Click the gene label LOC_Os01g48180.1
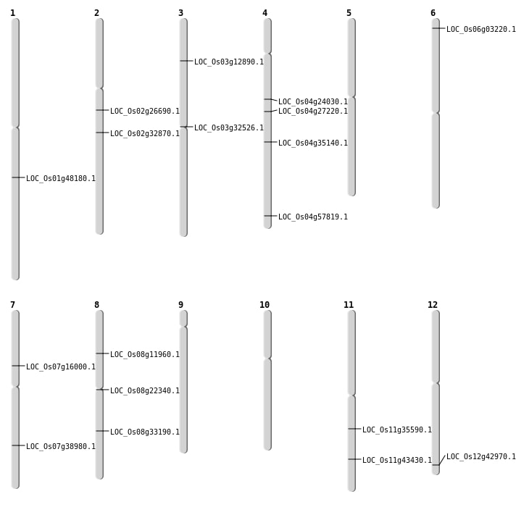[x=61, y=178]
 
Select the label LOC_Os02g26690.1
[x=145, y=111]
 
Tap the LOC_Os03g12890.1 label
[x=229, y=62]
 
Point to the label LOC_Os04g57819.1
[x=313, y=217]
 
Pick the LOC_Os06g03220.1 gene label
[x=481, y=29]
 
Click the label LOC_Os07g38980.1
[x=61, y=446]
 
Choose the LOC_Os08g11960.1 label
[x=145, y=354]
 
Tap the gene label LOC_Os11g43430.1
[x=397, y=460]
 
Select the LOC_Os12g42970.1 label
[x=481, y=456]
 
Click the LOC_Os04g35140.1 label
[x=313, y=143]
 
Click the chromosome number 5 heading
[x=349, y=13]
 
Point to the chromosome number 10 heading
[x=265, y=305]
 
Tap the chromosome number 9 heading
[x=180, y=305]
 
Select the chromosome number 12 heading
[x=433, y=305]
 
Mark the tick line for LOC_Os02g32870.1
[x=102, y=133]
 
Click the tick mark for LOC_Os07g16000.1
[x=18, y=366]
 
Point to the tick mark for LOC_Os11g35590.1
[x=354, y=429]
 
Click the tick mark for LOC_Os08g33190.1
[x=102, y=431]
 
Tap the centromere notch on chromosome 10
[x=267, y=359]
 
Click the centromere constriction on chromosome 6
[x=436, y=113]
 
